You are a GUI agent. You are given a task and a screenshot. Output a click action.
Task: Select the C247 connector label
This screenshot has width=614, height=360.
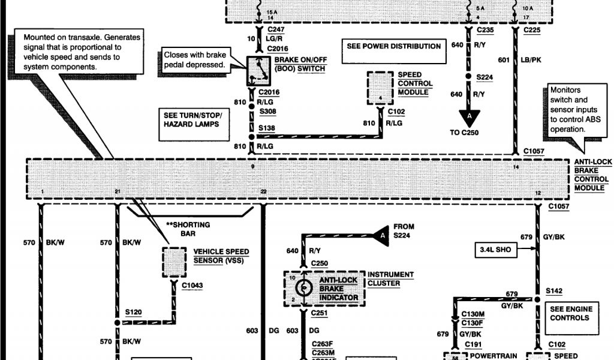point(275,29)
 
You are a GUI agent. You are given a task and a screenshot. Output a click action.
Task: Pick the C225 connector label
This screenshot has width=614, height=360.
point(532,29)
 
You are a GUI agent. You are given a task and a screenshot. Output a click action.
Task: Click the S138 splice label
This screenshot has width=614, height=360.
point(266,128)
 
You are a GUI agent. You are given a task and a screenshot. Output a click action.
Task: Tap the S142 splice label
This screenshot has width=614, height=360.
point(554,290)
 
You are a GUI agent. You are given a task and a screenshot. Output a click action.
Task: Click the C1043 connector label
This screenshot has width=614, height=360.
point(192,286)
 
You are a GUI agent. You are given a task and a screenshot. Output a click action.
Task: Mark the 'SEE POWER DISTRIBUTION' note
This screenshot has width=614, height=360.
point(394,46)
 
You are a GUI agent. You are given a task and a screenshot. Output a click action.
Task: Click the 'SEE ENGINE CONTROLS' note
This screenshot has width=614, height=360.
point(571,313)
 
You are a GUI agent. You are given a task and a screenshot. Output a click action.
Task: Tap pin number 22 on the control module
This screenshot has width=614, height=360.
point(263,191)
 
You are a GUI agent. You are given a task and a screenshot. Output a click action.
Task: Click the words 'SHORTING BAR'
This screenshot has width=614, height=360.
point(191,229)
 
